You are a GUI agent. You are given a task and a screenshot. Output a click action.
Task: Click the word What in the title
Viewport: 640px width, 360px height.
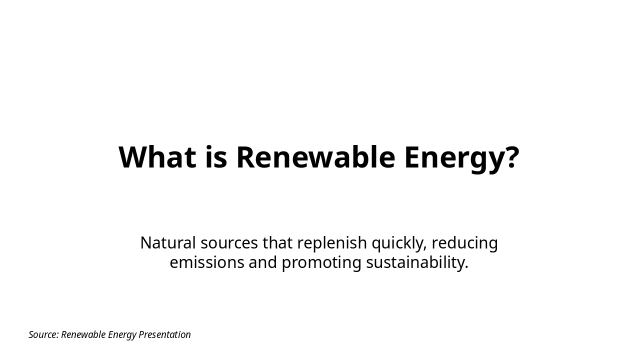tap(157, 157)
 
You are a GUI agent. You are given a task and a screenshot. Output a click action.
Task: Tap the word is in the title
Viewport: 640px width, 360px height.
tap(216, 157)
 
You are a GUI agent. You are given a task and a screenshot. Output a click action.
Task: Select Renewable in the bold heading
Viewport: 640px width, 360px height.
tap(315, 157)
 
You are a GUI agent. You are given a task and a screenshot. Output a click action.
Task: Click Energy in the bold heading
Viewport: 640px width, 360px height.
tap(451, 158)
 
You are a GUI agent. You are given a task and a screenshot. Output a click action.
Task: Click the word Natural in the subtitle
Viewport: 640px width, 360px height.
tap(168, 243)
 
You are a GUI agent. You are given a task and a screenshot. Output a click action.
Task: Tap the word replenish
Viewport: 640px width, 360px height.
tap(332, 243)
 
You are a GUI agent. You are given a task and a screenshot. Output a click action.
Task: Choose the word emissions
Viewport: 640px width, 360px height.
tap(206, 262)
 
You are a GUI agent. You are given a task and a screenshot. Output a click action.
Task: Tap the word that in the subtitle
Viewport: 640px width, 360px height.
tap(277, 243)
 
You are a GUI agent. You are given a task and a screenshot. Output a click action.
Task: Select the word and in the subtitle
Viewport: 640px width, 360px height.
tap(262, 262)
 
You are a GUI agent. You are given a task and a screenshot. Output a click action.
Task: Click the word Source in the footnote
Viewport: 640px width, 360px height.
tap(43, 334)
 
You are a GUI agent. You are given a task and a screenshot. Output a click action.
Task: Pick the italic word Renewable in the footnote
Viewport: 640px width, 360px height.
tap(83, 334)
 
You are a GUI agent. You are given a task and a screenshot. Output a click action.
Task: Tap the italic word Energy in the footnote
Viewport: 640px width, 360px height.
tap(122, 335)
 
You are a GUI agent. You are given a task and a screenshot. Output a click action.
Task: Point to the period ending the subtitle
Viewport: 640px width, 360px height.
tap(466, 267)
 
